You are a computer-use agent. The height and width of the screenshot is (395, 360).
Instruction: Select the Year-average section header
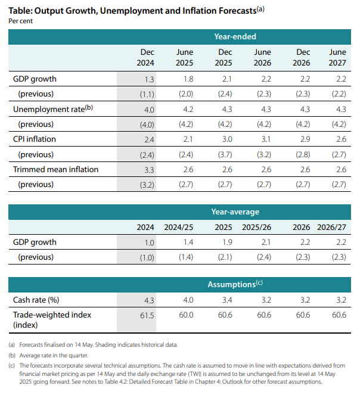pyautogui.click(x=235, y=212)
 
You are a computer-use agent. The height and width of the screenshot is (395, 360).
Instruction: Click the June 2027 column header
pyautogui.click(x=337, y=57)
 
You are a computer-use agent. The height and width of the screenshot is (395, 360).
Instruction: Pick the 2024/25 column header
pyautogui.click(x=179, y=227)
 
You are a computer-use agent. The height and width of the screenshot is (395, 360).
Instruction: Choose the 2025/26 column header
pyautogui.click(x=257, y=227)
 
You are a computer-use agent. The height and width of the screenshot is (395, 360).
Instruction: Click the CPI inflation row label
pyautogui.click(x=35, y=139)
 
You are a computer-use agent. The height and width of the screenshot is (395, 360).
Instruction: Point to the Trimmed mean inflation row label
pyautogui.click(x=55, y=170)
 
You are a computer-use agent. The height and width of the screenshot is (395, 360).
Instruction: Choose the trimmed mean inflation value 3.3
pyautogui.click(x=149, y=170)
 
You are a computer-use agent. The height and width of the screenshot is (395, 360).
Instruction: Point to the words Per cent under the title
pyautogui.click(x=21, y=21)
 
